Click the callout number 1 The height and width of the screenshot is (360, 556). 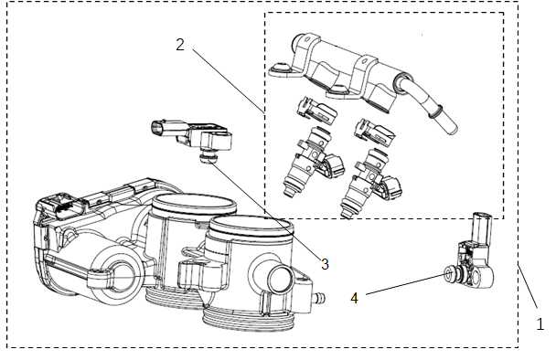click(x=540, y=324)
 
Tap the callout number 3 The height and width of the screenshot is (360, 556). click(x=324, y=263)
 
